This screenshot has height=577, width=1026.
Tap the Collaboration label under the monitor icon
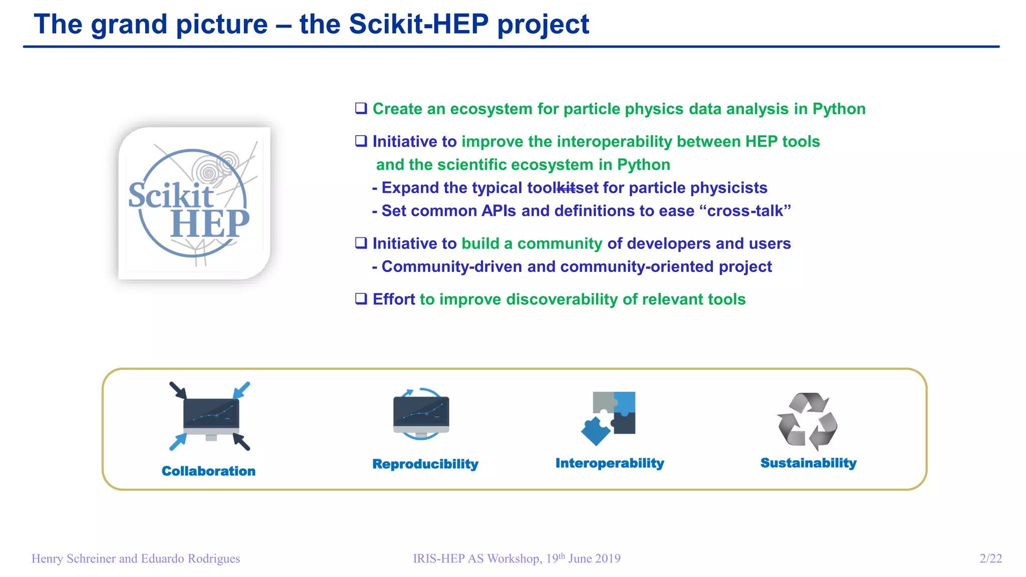208,471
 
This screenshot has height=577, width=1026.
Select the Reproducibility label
425,464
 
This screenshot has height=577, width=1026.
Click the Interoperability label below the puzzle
610,463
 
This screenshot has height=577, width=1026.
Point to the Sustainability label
808,463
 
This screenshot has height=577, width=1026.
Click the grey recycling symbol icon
807,421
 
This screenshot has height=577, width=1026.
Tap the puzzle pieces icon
609,418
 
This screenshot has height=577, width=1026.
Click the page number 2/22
990,558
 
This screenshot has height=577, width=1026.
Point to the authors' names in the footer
136,558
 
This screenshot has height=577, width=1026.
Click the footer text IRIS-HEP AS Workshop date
517,558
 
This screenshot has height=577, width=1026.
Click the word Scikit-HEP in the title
418,24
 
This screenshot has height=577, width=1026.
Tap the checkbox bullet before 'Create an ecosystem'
361,108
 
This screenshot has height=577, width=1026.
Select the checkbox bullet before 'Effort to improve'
361,299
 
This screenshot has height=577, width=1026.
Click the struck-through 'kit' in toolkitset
566,188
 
